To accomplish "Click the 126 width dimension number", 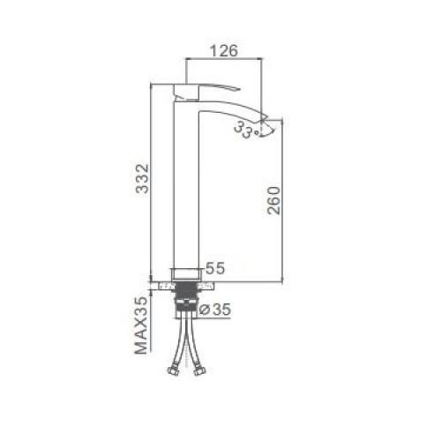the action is click(224, 50).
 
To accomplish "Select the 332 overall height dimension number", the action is click(142, 178).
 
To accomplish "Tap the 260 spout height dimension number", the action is click(273, 200).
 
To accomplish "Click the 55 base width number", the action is click(215, 268).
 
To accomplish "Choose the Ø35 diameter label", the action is click(215, 309).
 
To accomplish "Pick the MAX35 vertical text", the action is click(141, 325).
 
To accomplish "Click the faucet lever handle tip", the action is click(240, 88).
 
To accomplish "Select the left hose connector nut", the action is click(173, 370).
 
